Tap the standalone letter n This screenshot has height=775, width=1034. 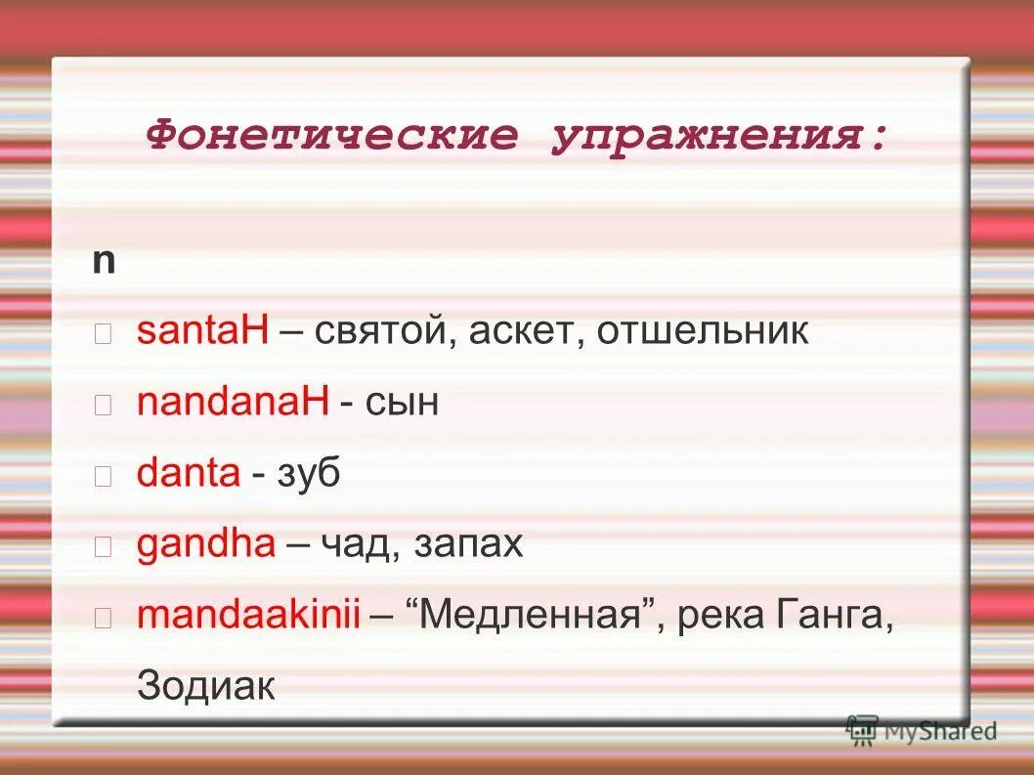pyautogui.click(x=104, y=261)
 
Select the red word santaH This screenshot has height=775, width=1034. pyautogui.click(x=202, y=331)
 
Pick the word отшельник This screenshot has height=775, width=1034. pyautogui.click(x=703, y=331)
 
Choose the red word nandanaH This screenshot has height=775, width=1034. pyautogui.click(x=233, y=403)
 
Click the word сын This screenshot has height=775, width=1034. pyautogui.click(x=403, y=403)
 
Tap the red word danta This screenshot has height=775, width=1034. pyautogui.click(x=189, y=474)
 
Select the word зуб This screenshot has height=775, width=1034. pyautogui.click(x=310, y=474)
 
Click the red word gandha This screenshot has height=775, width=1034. pyautogui.click(x=206, y=544)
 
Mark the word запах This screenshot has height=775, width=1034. pyautogui.click(x=469, y=544)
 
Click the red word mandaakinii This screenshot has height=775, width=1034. pyautogui.click(x=249, y=616)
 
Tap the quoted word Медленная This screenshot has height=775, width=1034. pyautogui.click(x=538, y=616)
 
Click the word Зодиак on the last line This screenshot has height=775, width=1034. pyautogui.click(x=207, y=686)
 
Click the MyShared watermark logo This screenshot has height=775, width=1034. pyautogui.click(x=922, y=730)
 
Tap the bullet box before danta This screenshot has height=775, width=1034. pyautogui.click(x=104, y=476)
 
